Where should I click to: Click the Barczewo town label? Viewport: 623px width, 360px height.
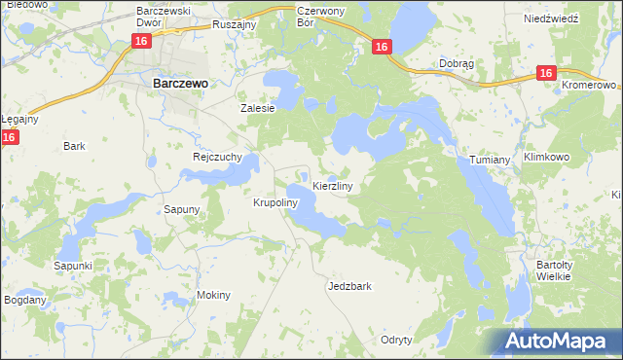click(181, 85)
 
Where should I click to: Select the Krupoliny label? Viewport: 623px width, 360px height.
click(274, 203)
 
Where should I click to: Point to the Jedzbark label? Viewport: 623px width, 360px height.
click(350, 287)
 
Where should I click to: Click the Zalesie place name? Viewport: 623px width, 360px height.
click(259, 109)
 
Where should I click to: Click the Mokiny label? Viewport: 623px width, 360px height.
click(214, 295)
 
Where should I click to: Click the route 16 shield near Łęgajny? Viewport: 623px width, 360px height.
click(9, 138)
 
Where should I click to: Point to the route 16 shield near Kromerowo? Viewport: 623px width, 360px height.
click(545, 73)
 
